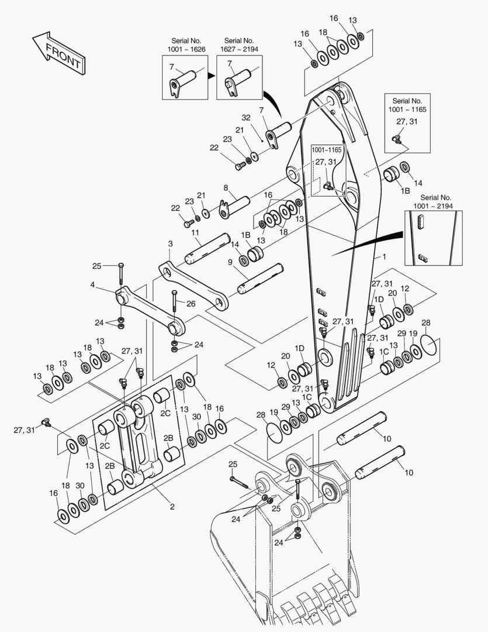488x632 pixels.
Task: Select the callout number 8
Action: (x=226, y=188)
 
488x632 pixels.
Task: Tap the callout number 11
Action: (x=195, y=233)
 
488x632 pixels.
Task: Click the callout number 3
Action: (x=170, y=243)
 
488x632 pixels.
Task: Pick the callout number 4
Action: (x=92, y=285)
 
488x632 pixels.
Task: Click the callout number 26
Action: (x=191, y=303)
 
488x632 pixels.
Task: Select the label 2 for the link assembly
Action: (x=172, y=507)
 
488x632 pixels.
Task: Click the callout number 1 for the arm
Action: (x=384, y=257)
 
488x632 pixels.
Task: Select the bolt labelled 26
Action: (x=174, y=310)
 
